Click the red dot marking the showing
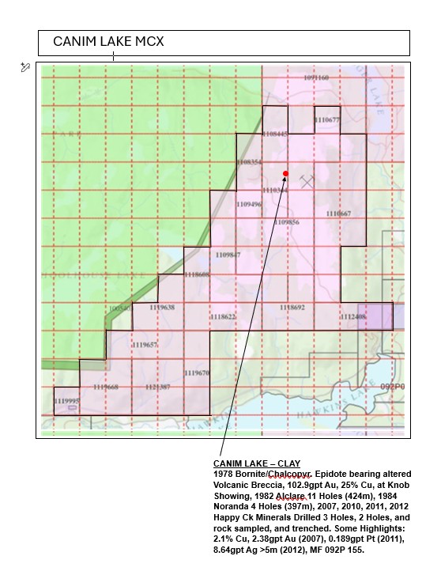click(285, 173)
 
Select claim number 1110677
click(326, 120)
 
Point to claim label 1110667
click(338, 214)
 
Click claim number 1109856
click(287, 222)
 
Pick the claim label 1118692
click(292, 306)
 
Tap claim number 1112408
click(352, 316)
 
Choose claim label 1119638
click(161, 307)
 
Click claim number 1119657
click(145, 345)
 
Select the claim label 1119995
click(66, 401)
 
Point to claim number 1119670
click(197, 372)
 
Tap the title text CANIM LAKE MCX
click(108, 41)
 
